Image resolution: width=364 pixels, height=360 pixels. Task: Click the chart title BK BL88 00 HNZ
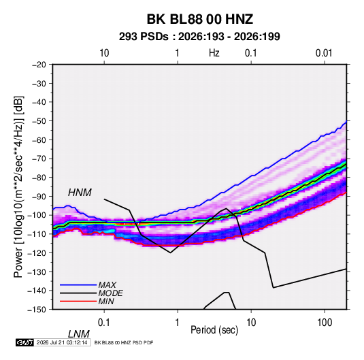(199, 19)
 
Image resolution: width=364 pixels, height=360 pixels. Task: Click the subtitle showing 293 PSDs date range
(199, 37)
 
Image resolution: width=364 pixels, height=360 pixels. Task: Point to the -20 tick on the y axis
(39, 65)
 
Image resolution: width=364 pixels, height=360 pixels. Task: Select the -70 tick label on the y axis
(39, 159)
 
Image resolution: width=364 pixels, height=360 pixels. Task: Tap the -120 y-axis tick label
(37, 253)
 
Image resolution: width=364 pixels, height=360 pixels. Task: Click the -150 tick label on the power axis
(37, 310)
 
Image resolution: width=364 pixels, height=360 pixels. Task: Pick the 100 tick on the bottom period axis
(325, 323)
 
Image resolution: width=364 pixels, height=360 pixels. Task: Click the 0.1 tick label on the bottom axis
(104, 323)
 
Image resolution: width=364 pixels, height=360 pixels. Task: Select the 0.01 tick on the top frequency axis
(324, 53)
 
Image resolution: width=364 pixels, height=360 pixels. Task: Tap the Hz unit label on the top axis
(214, 53)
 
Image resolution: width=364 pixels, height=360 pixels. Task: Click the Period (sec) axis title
(214, 330)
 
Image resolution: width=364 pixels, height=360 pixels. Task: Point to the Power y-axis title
(19, 186)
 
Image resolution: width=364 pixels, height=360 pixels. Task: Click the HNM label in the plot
(80, 193)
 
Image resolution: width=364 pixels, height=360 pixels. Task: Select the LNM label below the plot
(79, 334)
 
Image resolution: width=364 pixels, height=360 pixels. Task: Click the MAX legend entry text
(107, 284)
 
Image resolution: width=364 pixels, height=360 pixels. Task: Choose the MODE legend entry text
(110, 293)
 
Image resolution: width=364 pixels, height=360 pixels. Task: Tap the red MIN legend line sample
(78, 301)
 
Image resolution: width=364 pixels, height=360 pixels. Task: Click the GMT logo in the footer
(24, 342)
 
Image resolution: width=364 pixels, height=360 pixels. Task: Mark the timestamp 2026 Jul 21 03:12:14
(62, 342)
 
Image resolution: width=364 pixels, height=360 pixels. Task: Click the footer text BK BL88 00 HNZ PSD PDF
(124, 342)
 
